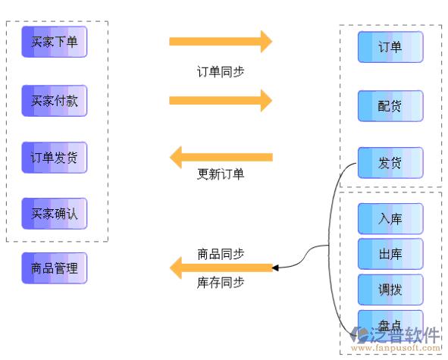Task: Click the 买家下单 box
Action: pos(55,42)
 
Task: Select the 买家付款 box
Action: pos(55,101)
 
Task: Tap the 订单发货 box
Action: pos(55,158)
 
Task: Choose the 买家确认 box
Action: pos(55,214)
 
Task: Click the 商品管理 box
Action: pos(55,268)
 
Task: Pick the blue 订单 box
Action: pos(390,47)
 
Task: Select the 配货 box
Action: pos(390,106)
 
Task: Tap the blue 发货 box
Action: pos(390,163)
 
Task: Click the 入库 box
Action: pos(390,219)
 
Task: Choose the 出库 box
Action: pos(390,254)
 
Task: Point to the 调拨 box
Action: pos(390,290)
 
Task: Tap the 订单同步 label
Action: pos(221,72)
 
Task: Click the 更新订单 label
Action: pos(221,174)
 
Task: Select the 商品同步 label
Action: pos(221,254)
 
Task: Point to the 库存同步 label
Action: pos(221,283)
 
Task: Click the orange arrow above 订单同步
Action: pos(221,42)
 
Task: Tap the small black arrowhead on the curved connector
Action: pos(275,268)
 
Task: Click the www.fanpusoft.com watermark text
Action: pos(396,348)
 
